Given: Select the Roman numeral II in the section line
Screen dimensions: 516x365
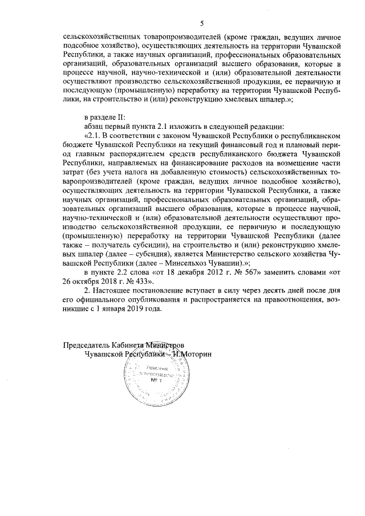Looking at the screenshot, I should [x=124, y=117].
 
